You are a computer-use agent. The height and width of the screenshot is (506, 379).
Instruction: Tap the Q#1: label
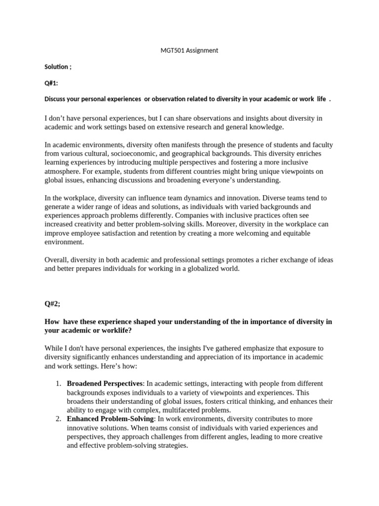click(x=51, y=83)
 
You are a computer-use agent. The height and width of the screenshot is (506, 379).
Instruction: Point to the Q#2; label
click(x=53, y=305)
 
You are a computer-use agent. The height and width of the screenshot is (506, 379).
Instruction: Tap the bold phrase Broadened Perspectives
click(x=105, y=383)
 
